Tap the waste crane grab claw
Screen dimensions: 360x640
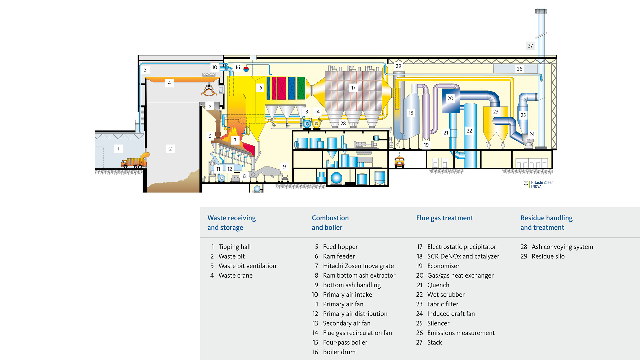pyautogui.click(x=209, y=91)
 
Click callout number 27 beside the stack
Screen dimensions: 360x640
pyautogui.click(x=530, y=46)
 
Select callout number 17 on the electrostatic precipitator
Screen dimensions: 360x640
pyautogui.click(x=353, y=88)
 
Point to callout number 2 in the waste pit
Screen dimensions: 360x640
pyautogui.click(x=170, y=149)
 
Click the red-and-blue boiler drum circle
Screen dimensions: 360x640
pyautogui.click(x=246, y=69)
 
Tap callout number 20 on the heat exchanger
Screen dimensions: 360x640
pyautogui.click(x=450, y=98)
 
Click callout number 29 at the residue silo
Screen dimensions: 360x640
pyautogui.click(x=398, y=66)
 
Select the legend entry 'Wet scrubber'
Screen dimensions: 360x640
pyautogui.click(x=446, y=295)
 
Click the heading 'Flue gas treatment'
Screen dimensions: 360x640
pyautogui.click(x=444, y=218)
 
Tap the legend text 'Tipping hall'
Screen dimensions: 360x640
pyautogui.click(x=234, y=247)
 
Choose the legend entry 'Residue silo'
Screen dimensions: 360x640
pyautogui.click(x=548, y=256)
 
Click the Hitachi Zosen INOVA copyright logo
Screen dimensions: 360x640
pyautogui.click(x=539, y=184)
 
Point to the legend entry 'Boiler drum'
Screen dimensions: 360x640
pyautogui.click(x=339, y=352)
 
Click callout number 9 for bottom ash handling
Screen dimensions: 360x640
pyautogui.click(x=284, y=167)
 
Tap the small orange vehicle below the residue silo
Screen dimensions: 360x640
pyautogui.click(x=399, y=162)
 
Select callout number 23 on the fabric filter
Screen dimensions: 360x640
pyautogui.click(x=496, y=112)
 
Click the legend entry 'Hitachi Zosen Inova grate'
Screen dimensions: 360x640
pyautogui.click(x=358, y=266)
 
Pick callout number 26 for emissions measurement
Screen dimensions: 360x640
pyautogui.click(x=519, y=69)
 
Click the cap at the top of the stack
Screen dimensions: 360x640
pyautogui.click(x=541, y=11)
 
